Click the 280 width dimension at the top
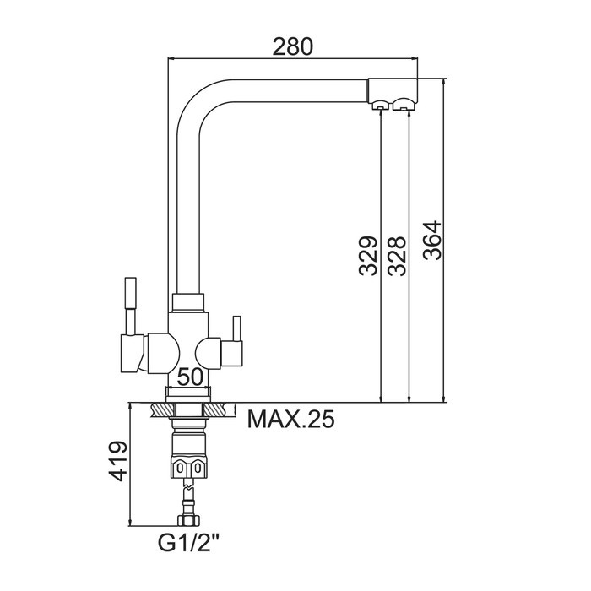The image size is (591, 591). [x=292, y=46]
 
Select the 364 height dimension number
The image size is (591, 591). [x=432, y=240]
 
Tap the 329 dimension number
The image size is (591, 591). [x=368, y=256]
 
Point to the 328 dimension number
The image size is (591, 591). [x=397, y=256]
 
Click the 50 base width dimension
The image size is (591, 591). [x=190, y=377]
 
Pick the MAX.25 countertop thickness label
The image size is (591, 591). [x=290, y=419]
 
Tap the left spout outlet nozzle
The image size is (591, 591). [x=380, y=106]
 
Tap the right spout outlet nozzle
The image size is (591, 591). [x=404, y=105]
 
